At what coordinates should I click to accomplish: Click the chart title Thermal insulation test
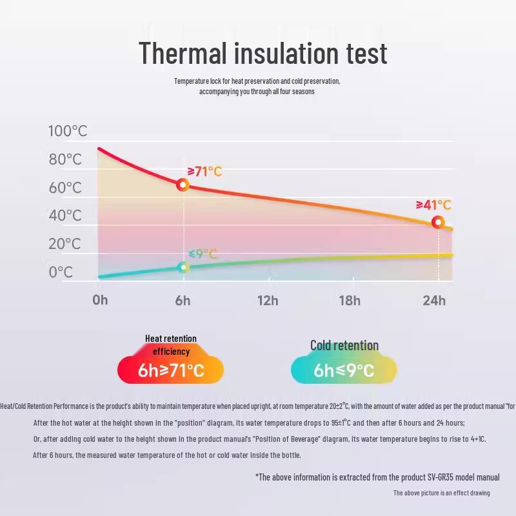tap(263, 52)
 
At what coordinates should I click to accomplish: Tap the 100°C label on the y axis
tap(68, 131)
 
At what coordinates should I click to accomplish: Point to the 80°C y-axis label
tap(66, 159)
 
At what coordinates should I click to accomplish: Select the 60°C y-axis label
tap(66, 188)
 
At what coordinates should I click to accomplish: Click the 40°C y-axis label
tap(66, 215)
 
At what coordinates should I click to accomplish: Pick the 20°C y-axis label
tap(66, 244)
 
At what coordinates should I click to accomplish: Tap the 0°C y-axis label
tap(61, 272)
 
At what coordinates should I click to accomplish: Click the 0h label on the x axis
tap(100, 300)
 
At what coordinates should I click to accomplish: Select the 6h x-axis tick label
tap(183, 300)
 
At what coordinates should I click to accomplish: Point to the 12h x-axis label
tap(268, 300)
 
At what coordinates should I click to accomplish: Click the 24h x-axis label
tap(434, 300)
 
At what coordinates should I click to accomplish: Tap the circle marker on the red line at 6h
tap(183, 185)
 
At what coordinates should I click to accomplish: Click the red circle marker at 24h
tap(438, 223)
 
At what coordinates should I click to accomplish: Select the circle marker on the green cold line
tap(183, 267)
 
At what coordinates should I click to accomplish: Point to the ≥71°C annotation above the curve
tap(204, 171)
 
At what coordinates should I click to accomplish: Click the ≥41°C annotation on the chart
tap(433, 205)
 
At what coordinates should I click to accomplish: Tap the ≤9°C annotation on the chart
tap(203, 253)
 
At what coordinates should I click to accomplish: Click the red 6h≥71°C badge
tap(171, 370)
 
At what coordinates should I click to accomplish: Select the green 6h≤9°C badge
tap(344, 370)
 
